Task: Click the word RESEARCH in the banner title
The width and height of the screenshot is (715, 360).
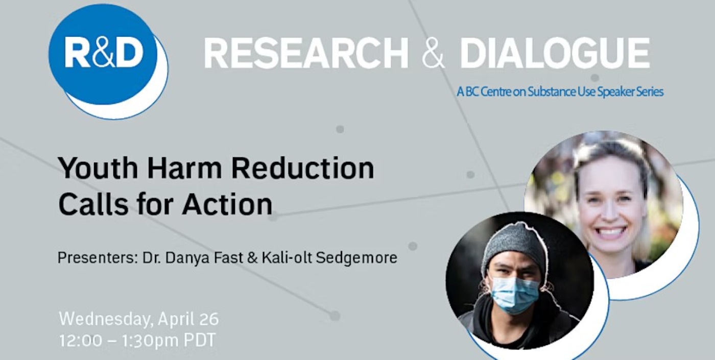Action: coord(306,54)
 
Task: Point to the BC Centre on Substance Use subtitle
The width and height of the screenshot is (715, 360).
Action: coord(560,92)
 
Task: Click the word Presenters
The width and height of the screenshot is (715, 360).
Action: coord(94,258)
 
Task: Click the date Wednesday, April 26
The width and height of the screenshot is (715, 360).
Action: coord(139,320)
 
